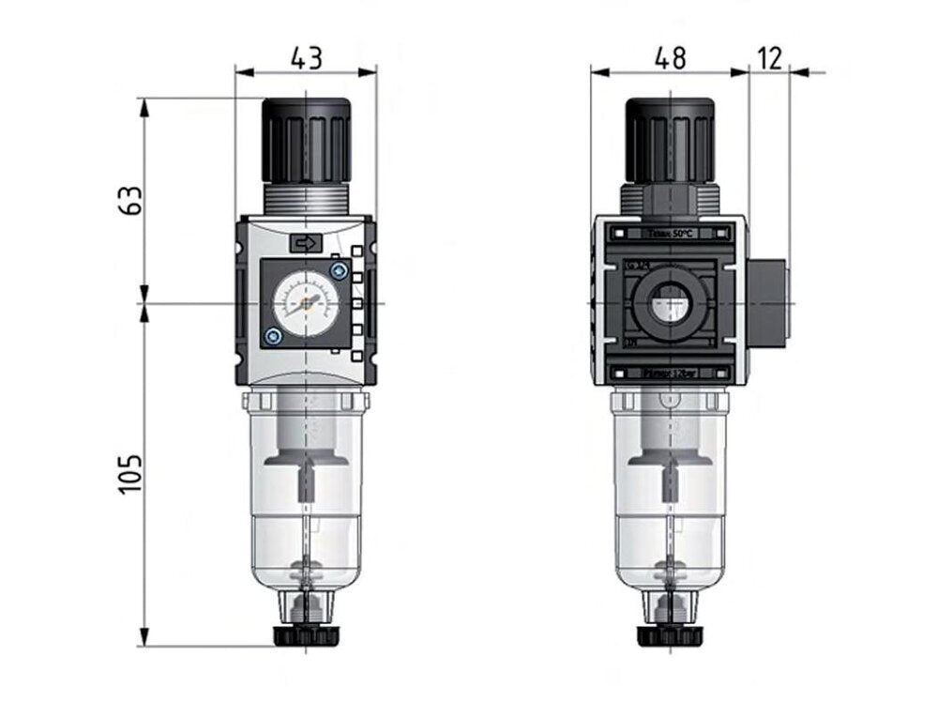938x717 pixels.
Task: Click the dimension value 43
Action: pos(306,57)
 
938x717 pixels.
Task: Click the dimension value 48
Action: pos(669,57)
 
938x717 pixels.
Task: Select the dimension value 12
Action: pos(769,57)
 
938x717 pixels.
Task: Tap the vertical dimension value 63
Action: pos(132,200)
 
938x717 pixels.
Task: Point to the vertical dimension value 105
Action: pos(132,475)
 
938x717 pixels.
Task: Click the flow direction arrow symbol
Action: pos(306,244)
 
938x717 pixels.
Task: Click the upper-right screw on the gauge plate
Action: pos(339,271)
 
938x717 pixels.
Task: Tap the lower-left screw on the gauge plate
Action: pos(272,336)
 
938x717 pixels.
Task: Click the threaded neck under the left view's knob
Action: pos(306,198)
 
